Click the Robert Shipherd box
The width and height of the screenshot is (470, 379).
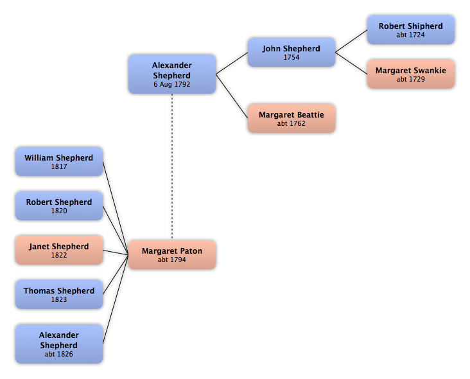(411, 30)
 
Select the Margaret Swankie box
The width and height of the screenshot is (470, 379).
(411, 74)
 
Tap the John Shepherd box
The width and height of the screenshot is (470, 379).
(292, 52)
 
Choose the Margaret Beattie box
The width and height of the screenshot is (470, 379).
(292, 118)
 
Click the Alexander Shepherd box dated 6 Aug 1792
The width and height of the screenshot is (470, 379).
(172, 74)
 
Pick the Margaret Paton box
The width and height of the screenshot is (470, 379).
(172, 255)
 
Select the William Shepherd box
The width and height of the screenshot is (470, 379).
(59, 162)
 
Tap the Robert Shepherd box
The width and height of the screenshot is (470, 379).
(59, 206)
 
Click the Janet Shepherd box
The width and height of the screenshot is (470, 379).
(59, 251)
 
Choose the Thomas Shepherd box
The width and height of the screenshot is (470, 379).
(59, 294)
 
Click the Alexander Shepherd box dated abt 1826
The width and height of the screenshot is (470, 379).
(59, 344)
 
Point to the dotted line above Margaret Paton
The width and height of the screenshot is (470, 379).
(172, 167)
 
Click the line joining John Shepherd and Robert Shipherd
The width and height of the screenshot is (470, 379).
(351, 41)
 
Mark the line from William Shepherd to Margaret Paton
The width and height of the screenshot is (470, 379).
(116, 208)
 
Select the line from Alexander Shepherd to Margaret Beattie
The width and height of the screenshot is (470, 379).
(232, 96)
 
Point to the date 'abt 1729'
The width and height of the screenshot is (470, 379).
(411, 79)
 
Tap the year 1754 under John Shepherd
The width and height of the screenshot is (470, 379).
(292, 57)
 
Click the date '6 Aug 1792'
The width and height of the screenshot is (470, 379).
(171, 84)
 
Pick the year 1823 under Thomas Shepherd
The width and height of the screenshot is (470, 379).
(59, 299)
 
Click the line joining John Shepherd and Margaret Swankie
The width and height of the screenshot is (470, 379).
(351, 63)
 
